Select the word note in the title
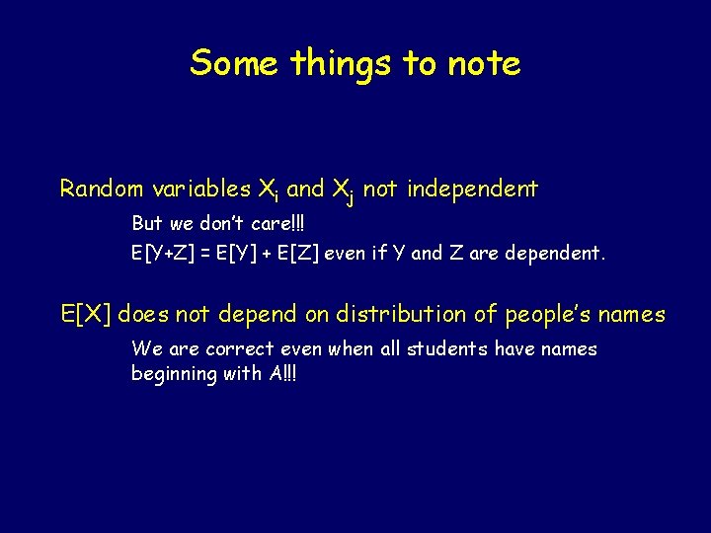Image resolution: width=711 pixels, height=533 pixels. (483, 63)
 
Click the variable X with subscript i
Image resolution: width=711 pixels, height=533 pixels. (270, 190)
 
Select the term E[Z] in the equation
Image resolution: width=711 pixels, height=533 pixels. (294, 254)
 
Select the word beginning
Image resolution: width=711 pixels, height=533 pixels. (174, 374)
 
